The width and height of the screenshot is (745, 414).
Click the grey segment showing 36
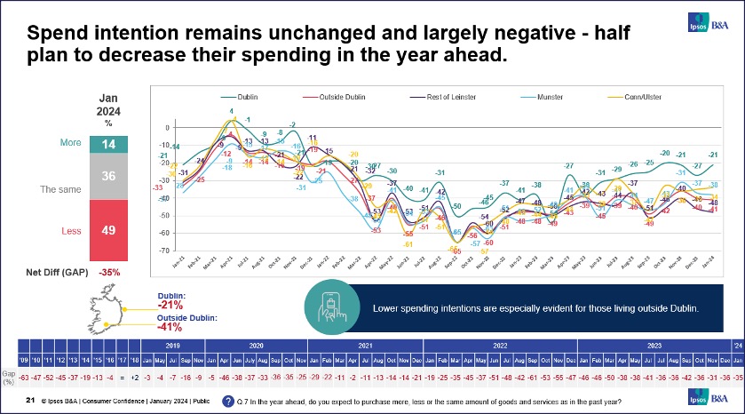109,177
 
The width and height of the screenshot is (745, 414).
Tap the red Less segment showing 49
109,230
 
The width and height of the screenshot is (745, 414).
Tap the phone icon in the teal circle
330,307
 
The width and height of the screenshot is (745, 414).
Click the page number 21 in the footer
29,402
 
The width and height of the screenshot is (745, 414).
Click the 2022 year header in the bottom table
498,345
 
